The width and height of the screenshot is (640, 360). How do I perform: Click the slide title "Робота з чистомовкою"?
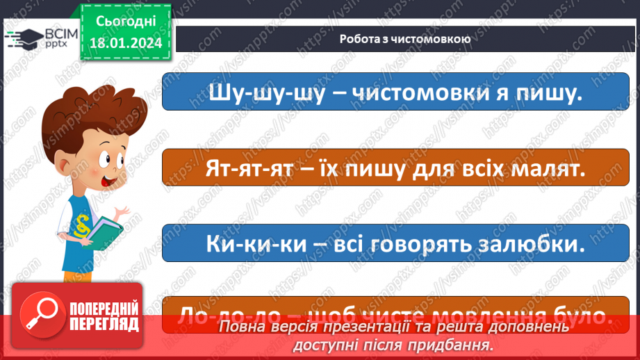pos(405,39)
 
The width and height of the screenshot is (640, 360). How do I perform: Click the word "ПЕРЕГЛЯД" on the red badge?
pos(104,324)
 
